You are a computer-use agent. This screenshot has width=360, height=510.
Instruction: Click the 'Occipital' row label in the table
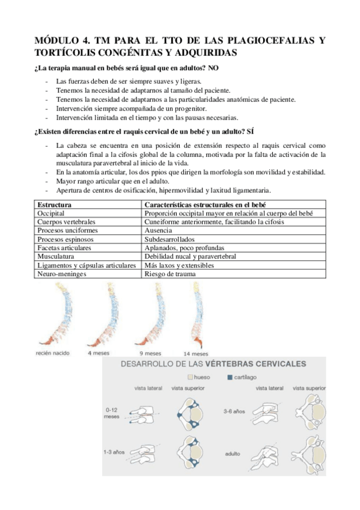pos(51,214)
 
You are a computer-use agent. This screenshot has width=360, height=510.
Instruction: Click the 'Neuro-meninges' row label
pos(62,274)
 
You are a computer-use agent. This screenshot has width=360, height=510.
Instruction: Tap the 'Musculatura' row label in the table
pos(56,256)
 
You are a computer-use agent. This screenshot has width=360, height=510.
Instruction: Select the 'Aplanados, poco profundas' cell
pos(183,248)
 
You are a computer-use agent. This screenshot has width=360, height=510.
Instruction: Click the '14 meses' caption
pos(196,354)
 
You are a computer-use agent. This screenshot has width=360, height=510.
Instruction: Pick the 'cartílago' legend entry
pos(243,378)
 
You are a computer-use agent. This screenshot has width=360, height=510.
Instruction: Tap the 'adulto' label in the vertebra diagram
pos(233,453)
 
